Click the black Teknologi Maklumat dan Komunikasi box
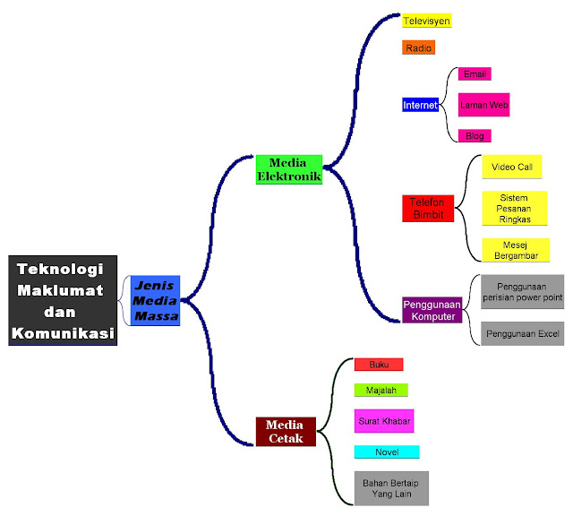(64, 300)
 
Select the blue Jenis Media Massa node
(155, 300)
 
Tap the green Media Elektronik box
(289, 169)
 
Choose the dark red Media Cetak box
(286, 431)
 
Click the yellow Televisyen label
(426, 21)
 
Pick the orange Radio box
(418, 47)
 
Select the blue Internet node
(420, 105)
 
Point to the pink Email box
(475, 74)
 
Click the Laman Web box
(484, 105)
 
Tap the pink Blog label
(475, 136)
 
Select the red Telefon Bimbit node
(428, 208)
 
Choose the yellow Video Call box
(511, 167)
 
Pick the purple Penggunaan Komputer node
(432, 310)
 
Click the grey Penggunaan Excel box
(523, 333)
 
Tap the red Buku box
(379, 365)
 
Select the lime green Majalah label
(381, 390)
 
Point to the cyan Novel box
(386, 451)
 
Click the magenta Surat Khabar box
(384, 420)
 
